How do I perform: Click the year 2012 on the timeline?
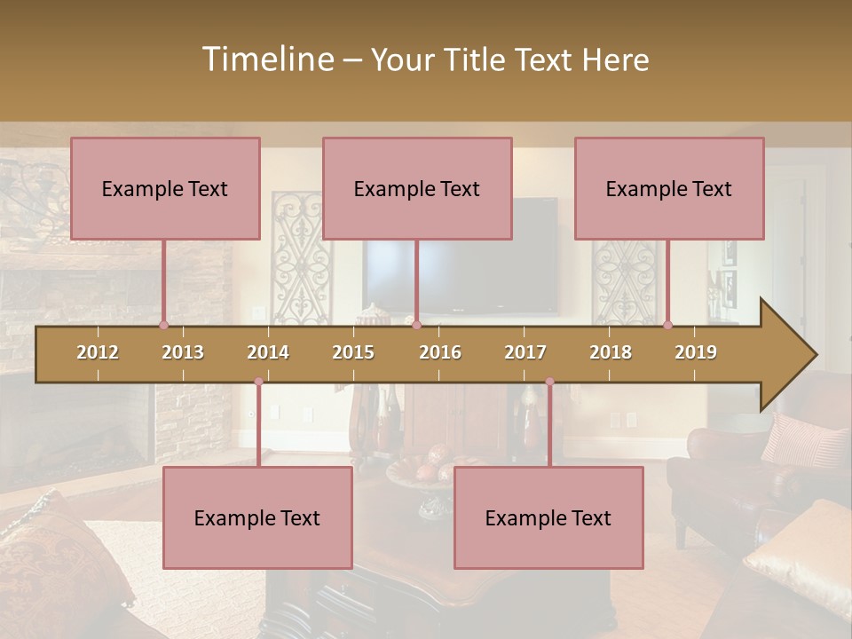coord(98,352)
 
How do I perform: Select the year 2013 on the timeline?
coord(183,352)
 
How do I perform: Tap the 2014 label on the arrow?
coord(268,352)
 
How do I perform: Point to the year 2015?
coord(353,352)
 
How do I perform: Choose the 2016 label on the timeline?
coord(440,352)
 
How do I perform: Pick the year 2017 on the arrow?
coord(525,352)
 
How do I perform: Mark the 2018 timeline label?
coord(611,352)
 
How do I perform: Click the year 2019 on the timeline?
coord(696,352)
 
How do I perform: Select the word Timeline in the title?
coord(267,59)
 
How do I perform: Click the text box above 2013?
coord(165,188)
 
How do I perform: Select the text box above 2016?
coord(417,188)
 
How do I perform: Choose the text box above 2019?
coord(669,188)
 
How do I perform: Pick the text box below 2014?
coord(257,517)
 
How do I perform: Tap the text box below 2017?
coord(548,517)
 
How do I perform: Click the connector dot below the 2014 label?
coord(258,382)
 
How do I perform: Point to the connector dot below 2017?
coord(549,382)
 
